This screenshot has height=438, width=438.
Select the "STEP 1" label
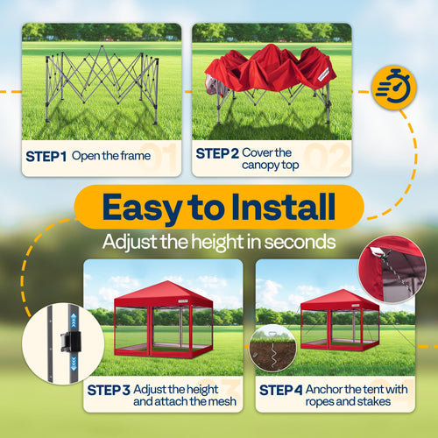click(x=46, y=157)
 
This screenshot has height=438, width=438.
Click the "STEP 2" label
click(x=217, y=153)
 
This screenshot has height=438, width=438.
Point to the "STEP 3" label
click(x=109, y=390)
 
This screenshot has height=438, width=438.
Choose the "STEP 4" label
click(x=281, y=390)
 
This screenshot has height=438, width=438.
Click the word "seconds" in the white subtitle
click(x=300, y=242)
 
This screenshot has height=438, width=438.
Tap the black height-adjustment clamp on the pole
click(x=69, y=341)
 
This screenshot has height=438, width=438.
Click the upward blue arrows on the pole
click(x=74, y=320)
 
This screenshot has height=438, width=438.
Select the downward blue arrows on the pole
click(x=74, y=364)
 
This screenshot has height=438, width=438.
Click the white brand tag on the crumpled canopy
click(x=323, y=75)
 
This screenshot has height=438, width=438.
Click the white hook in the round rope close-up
click(x=376, y=251)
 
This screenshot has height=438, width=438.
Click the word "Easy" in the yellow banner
click(x=142, y=208)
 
